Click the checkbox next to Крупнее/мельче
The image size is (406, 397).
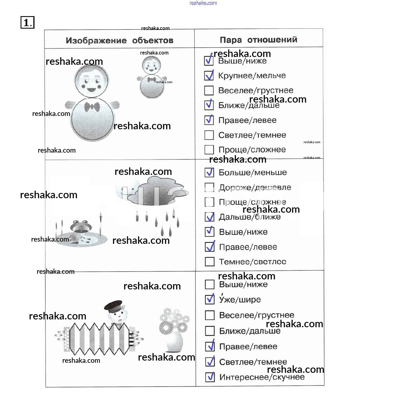[209, 76]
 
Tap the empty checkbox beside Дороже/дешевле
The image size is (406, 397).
[209, 187]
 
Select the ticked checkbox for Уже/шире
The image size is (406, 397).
[210, 299]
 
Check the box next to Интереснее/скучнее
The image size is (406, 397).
[210, 377]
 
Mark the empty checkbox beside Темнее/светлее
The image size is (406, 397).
[210, 262]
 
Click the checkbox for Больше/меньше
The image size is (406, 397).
[209, 172]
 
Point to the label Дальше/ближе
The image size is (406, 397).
[250, 217]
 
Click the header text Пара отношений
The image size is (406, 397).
[258, 40]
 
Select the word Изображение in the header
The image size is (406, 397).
[96, 41]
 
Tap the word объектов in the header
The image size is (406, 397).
[153, 41]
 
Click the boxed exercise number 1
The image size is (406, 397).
[27, 23]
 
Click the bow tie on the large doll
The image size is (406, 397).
[92, 107]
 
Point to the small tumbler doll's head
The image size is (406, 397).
[151, 66]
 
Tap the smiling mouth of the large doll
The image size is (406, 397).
[91, 90]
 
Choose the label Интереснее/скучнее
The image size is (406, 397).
[262, 377]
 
